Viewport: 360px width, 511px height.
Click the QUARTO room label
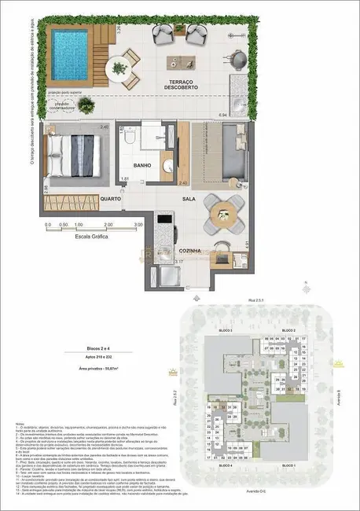[x=110, y=199]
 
